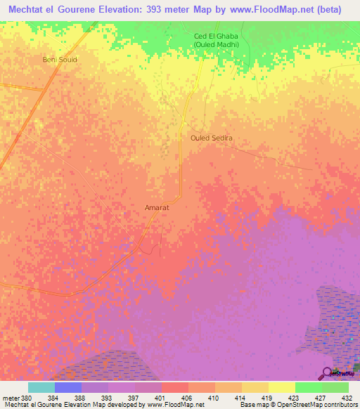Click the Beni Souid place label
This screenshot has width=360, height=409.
[60, 60]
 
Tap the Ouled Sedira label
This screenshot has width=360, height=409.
[211, 138]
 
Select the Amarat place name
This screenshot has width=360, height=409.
[156, 208]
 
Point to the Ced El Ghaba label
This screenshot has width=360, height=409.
[216, 37]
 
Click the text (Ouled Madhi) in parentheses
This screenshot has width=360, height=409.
[216, 45]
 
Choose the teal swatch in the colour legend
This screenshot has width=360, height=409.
[41, 387]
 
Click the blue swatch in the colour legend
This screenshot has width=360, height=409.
[67, 387]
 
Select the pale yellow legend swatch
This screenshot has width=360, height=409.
[281, 387]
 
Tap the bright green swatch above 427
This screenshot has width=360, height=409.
[308, 387]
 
